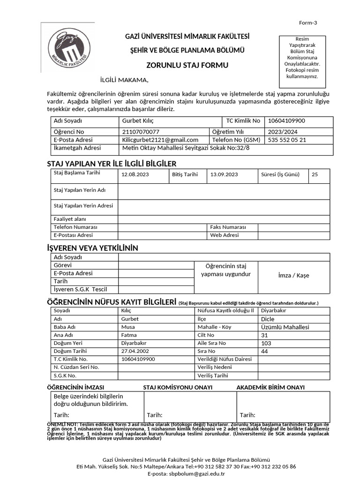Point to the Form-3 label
[x=308, y=23]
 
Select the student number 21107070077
[x=141, y=132]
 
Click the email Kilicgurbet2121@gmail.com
[x=160, y=140]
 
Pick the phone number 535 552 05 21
[x=287, y=140]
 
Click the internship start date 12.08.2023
[x=135, y=175]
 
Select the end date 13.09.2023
[x=225, y=175]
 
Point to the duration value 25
[x=315, y=175]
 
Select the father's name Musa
[x=128, y=327]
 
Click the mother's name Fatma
[x=129, y=335]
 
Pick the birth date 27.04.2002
[x=135, y=351]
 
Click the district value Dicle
[x=267, y=319]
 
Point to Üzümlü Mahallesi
[x=282, y=327]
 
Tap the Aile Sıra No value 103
[x=265, y=343]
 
